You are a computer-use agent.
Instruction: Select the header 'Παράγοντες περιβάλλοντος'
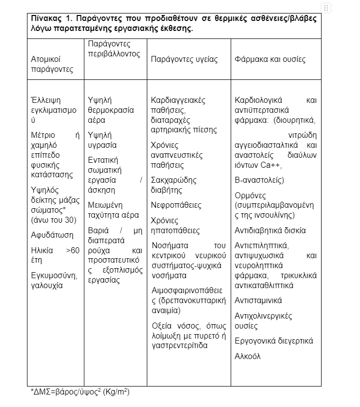click(x=114, y=49)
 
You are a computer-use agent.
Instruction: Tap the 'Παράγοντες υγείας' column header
click(x=184, y=59)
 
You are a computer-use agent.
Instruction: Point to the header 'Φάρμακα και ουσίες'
click(x=270, y=59)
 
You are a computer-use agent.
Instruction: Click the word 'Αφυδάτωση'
click(x=52, y=235)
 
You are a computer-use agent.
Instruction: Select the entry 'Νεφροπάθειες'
click(x=176, y=205)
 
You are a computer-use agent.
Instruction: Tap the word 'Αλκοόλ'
click(x=248, y=356)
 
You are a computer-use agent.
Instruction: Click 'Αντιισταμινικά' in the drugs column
click(x=258, y=301)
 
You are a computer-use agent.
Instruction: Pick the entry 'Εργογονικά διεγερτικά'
click(x=274, y=341)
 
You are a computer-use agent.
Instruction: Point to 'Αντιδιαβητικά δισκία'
click(x=270, y=231)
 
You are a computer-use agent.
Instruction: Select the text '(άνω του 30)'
click(x=53, y=220)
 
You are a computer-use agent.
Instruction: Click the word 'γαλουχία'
click(x=47, y=285)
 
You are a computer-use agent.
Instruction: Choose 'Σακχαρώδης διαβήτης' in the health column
click(x=174, y=185)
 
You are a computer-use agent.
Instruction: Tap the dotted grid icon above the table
click(x=326, y=8)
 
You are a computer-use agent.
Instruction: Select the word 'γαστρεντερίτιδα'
click(x=179, y=345)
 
